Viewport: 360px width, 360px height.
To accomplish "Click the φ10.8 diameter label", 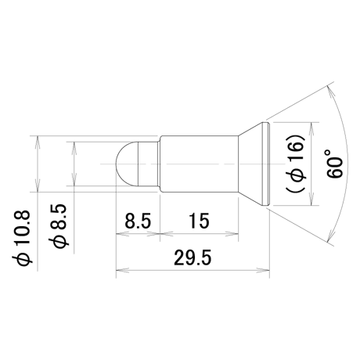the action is pos(22,237).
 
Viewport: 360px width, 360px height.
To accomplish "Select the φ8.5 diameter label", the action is pos(59,226).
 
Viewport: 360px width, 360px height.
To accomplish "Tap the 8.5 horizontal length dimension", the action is pos(138,221).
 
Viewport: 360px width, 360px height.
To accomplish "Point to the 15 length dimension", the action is pos(199,221).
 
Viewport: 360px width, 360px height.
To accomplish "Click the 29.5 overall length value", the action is pos(193,257).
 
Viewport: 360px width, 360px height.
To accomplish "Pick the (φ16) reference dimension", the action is pos(296,164).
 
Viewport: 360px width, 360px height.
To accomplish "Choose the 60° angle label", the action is pos(336,164).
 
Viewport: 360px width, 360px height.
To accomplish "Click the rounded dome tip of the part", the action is pos(127,164).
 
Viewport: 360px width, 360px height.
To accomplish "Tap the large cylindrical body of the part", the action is pos(199,164).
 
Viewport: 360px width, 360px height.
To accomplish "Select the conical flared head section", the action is pos(251,164).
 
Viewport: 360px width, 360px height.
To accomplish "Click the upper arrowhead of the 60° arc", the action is pos(330,92).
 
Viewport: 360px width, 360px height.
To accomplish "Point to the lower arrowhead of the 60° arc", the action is pos(330,236).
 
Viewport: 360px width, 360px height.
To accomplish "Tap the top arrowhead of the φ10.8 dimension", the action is pos(38,140).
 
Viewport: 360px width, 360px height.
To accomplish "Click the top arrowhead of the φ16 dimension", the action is pos(311,127).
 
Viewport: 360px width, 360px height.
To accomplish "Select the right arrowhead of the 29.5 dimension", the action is pos(265,271).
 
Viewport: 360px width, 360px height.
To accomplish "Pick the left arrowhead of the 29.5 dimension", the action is pos(121,271).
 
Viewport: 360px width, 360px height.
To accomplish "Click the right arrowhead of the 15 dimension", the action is pos(233,234).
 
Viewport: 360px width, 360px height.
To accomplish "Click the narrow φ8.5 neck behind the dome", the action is pos(148,164).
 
